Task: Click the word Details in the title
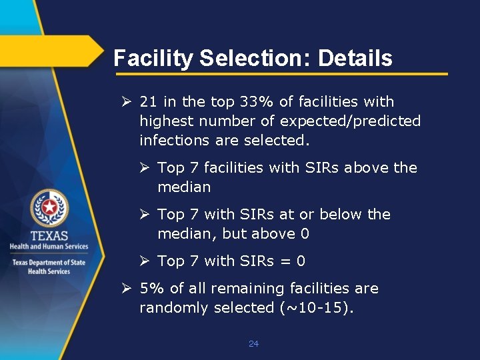pyautogui.click(x=355, y=59)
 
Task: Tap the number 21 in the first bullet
pyautogui.click(x=149, y=102)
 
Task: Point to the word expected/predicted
pyautogui.click(x=350, y=121)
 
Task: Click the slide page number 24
pyautogui.click(x=253, y=344)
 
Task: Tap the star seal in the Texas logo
pyautogui.click(x=49, y=208)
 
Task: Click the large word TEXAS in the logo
pyautogui.click(x=49, y=235)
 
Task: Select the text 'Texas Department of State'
pyautogui.click(x=49, y=262)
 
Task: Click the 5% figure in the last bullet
pyautogui.click(x=151, y=289)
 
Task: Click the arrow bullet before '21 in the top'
pyautogui.click(x=126, y=102)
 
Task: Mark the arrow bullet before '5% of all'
pyautogui.click(x=126, y=289)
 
